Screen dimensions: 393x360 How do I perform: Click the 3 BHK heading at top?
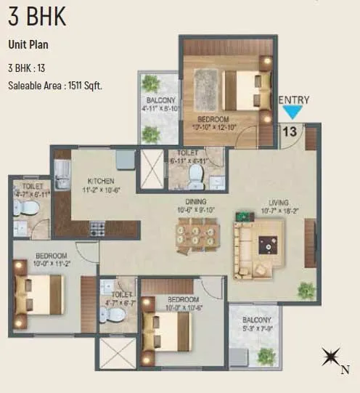(x=37, y=17)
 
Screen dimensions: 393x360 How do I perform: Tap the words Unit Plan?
(x=29, y=44)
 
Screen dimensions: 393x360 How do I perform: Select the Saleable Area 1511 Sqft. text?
(x=55, y=86)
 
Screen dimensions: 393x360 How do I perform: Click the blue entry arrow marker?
(x=292, y=113)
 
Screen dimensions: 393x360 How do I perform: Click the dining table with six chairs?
(x=197, y=235)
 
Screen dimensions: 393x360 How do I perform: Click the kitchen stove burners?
(x=97, y=230)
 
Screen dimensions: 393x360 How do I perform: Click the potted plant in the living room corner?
(x=306, y=291)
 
